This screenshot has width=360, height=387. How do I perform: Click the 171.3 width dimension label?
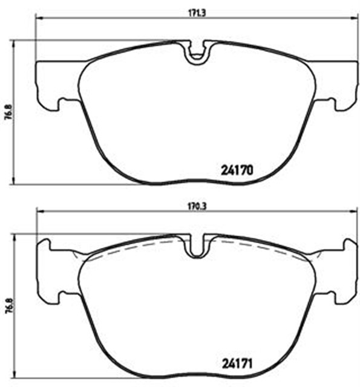(197, 13)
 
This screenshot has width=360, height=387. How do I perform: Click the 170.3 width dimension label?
(197, 206)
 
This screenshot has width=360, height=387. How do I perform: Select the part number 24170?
(237, 170)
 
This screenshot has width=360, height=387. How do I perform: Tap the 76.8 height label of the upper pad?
(9, 112)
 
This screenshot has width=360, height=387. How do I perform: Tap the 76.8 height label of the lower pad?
(9, 306)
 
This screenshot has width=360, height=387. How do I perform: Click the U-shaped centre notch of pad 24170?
(197, 53)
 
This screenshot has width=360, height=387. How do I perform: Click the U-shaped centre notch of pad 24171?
(197, 246)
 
